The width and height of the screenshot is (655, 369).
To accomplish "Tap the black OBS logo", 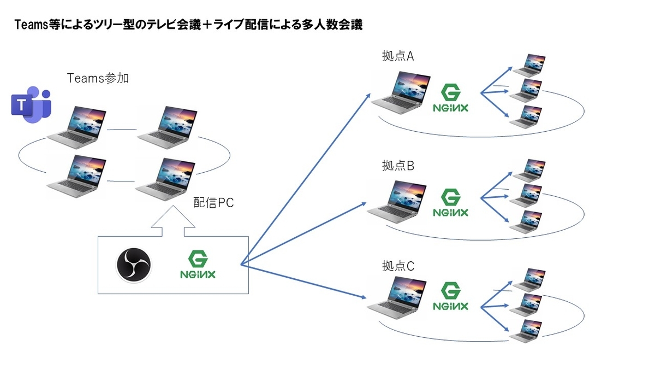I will (x=134, y=266).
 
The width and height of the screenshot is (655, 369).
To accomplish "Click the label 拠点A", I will (x=398, y=57).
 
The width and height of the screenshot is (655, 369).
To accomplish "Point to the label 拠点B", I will (x=398, y=166).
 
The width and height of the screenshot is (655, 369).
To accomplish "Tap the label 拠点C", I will (x=398, y=266).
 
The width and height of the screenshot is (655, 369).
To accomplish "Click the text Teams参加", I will (x=98, y=79).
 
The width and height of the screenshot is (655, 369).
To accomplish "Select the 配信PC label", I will (x=214, y=203).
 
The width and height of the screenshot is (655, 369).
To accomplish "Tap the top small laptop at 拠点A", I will (x=528, y=65).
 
